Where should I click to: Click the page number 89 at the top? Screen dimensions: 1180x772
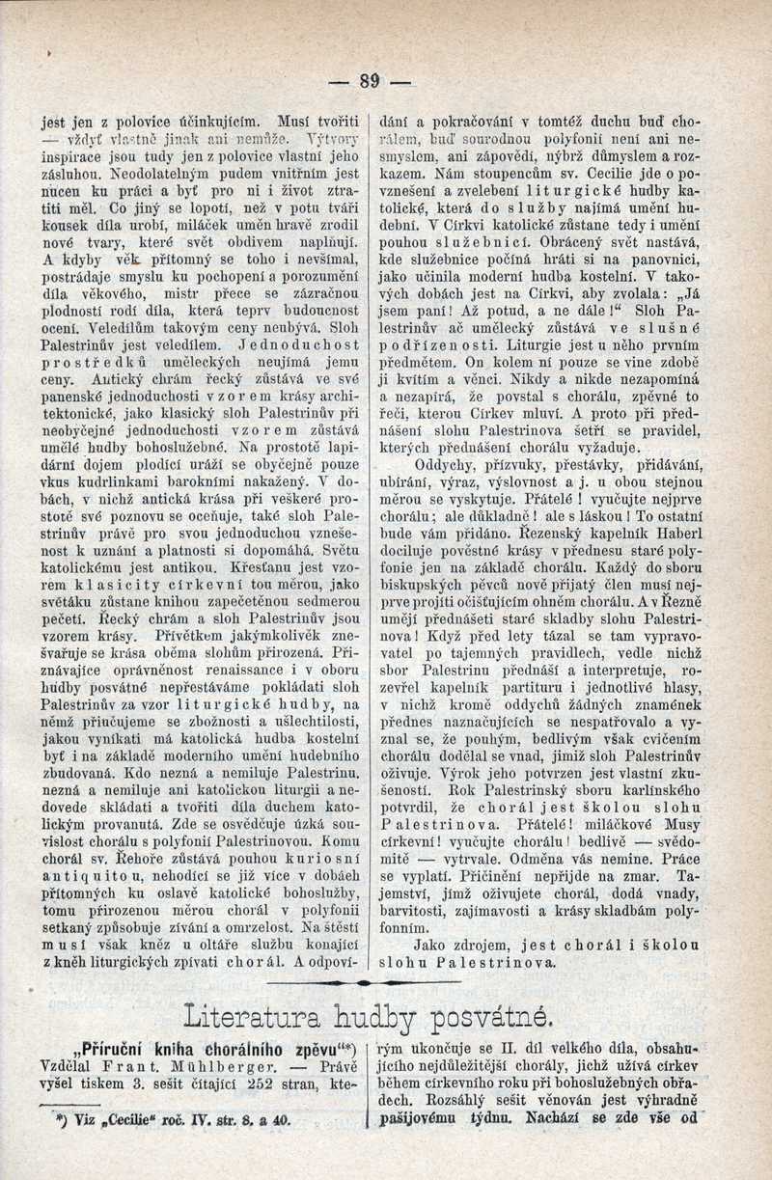point(369,81)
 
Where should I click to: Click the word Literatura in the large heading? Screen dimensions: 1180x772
point(254,1015)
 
